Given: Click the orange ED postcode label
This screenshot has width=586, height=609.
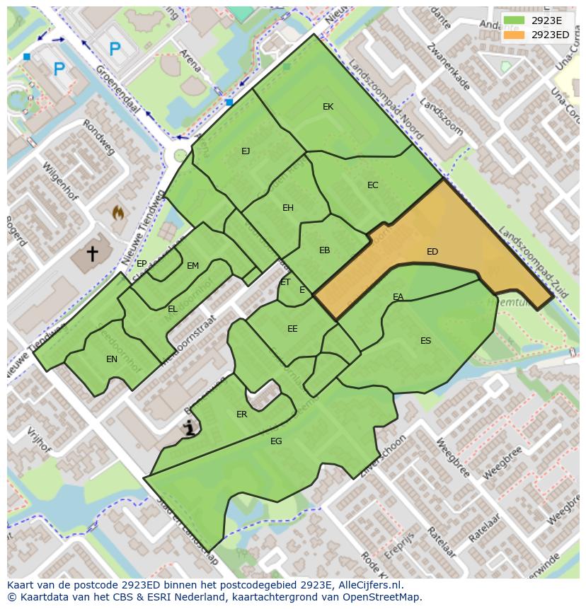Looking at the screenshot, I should click(x=432, y=252).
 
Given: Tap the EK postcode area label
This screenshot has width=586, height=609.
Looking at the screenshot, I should click(x=328, y=107).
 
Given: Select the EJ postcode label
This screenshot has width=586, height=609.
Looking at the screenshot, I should click(x=246, y=151).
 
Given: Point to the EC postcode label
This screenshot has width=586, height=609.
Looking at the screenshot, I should click(x=373, y=185).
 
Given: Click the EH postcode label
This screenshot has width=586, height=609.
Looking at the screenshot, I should click(x=288, y=208).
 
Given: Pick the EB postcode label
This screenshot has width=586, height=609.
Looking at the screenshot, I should click(x=324, y=250).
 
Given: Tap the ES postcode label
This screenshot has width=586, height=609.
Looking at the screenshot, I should click(x=425, y=341).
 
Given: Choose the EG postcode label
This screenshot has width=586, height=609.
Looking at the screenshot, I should click(x=276, y=441).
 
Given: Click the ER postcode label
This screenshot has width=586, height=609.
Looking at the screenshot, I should click(x=242, y=414).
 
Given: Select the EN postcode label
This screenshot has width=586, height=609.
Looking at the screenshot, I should click(x=112, y=359).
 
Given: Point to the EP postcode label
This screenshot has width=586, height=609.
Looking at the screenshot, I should click(x=142, y=264).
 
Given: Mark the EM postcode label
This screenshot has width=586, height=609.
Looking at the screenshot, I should click(x=193, y=267).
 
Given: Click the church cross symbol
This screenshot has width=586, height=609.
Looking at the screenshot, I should click(x=92, y=253).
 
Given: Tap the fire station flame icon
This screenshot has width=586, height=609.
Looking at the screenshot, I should click(x=117, y=212).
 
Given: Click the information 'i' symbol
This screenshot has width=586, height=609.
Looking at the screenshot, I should click(x=189, y=427).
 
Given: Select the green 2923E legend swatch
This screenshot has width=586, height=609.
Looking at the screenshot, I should click(x=514, y=21).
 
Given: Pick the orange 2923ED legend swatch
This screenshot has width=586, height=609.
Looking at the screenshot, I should click(x=514, y=35).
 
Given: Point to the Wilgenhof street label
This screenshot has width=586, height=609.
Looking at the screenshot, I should click(x=58, y=181).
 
